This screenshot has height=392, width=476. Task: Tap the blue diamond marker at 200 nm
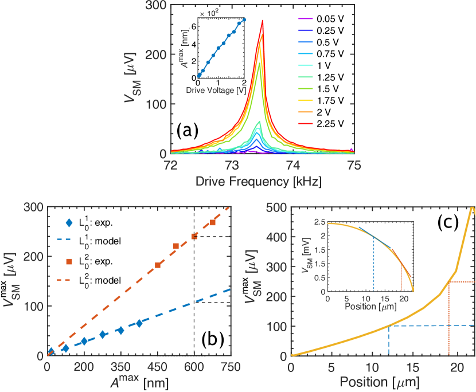[84, 341]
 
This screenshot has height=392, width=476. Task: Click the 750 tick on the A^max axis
[231, 367]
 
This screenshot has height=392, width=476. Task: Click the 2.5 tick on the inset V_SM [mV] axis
[319, 221]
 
